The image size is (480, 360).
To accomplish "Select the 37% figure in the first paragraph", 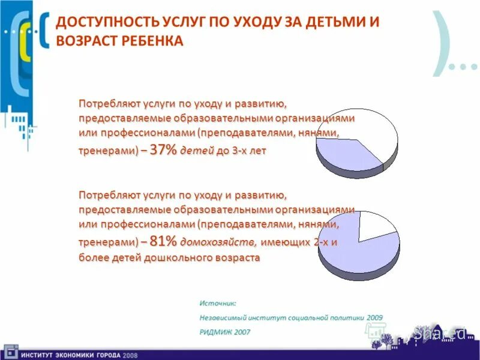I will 163,151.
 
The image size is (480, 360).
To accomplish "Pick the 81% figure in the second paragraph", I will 163,242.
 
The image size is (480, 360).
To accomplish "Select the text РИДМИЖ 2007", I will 225,332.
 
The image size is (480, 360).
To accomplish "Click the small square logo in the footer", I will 10,352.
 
